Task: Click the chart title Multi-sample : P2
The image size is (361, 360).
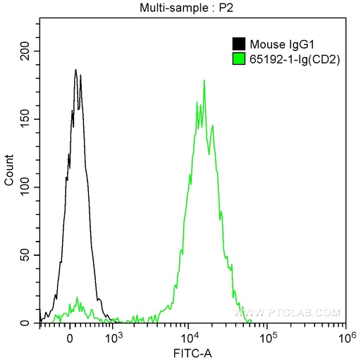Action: pyautogui.click(x=186, y=8)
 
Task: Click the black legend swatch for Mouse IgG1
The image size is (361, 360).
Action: pyautogui.click(x=239, y=44)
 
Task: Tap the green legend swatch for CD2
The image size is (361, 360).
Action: pyautogui.click(x=239, y=58)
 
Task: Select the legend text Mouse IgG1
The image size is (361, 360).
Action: pyautogui.click(x=282, y=44)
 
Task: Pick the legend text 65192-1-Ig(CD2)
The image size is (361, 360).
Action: pyautogui.click(x=295, y=60)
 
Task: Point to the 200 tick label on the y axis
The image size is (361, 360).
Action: pyautogui.click(x=25, y=51)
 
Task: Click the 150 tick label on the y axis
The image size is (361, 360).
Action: pyautogui.click(x=25, y=119)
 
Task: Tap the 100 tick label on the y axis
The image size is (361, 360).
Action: pyautogui.click(x=25, y=187)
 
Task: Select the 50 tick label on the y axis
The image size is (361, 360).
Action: pyautogui.click(x=25, y=255)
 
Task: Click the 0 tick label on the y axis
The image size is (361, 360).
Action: pyautogui.click(x=25, y=323)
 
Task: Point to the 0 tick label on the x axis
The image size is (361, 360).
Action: pyautogui.click(x=70, y=339)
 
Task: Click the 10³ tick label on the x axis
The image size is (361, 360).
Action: pyautogui.click(x=113, y=338)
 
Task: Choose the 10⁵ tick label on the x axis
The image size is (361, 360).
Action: pyautogui.click(x=267, y=338)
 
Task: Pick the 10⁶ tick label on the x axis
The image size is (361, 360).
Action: pyautogui.click(x=345, y=338)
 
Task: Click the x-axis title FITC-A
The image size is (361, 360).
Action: pyautogui.click(x=192, y=353)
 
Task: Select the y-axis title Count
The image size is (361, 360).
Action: pyautogui.click(x=9, y=170)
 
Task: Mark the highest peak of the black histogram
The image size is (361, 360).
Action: pyautogui.click(x=75, y=70)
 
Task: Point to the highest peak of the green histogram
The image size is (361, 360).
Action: pyautogui.click(x=204, y=80)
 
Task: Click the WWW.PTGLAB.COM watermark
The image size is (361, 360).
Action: pyautogui.click(x=287, y=313)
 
